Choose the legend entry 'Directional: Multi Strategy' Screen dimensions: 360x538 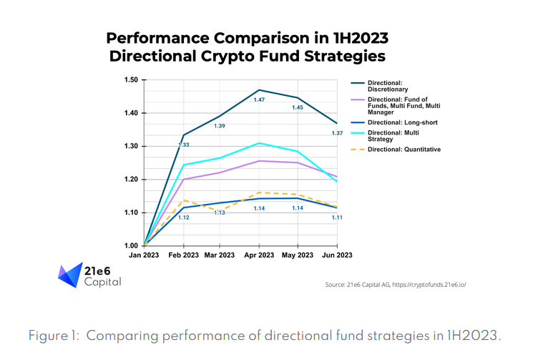(x=393, y=136)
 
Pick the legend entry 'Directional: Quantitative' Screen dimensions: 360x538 (x=403, y=149)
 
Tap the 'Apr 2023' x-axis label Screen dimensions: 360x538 (x=258, y=256)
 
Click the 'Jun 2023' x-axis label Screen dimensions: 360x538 (x=336, y=256)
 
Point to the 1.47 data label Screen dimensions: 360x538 (x=259, y=99)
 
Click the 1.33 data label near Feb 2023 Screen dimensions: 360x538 (x=184, y=145)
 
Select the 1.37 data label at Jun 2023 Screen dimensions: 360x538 (x=337, y=134)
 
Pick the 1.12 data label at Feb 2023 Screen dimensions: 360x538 (x=184, y=217)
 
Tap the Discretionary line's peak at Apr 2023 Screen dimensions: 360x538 (x=259, y=90)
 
